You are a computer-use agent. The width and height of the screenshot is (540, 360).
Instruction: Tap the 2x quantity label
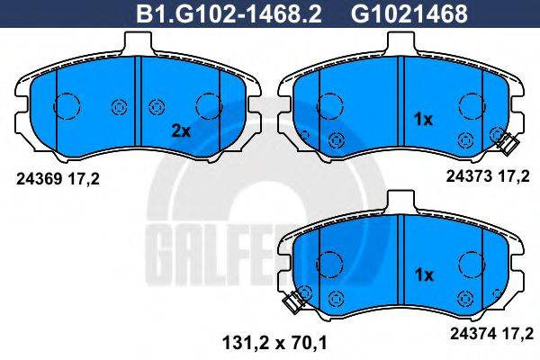tap(182, 130)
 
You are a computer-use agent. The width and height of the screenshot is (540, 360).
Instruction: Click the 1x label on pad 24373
tap(423, 119)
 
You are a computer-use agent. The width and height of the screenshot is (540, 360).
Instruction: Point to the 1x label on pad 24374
tap(423, 274)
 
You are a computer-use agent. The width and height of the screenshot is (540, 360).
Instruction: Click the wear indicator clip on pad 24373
tap(503, 140)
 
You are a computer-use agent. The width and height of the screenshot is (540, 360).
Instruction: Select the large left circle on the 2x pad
tap(67, 107)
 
